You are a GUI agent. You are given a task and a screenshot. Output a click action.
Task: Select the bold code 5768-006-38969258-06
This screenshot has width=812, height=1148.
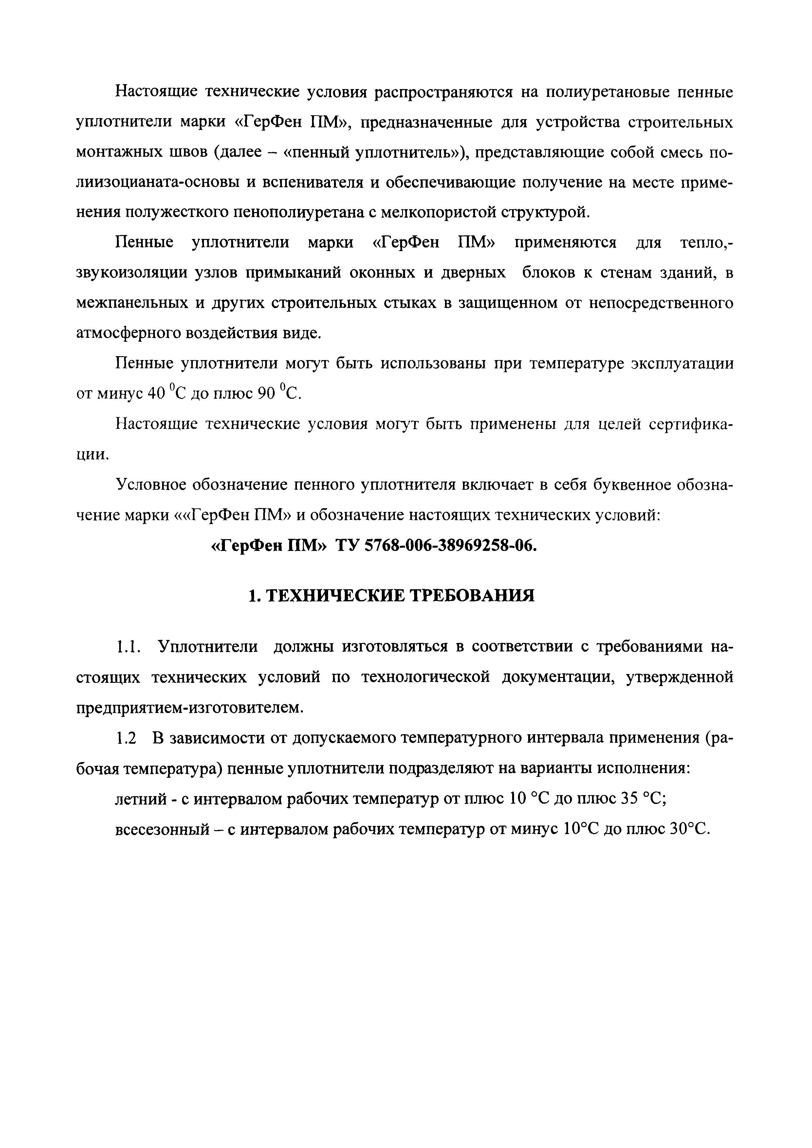451,545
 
